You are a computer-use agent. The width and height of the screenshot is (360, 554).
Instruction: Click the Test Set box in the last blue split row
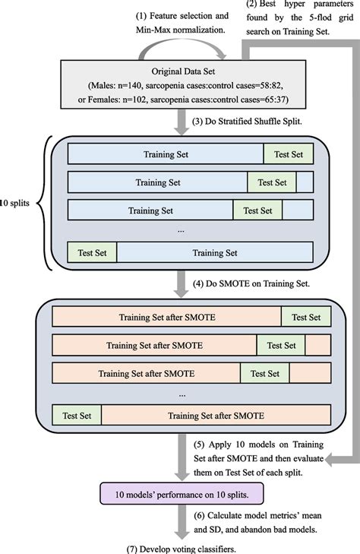click(x=92, y=252)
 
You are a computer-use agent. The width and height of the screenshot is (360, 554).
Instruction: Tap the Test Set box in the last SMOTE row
click(x=77, y=415)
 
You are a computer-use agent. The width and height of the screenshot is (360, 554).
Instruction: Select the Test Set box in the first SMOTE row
click(x=306, y=317)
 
